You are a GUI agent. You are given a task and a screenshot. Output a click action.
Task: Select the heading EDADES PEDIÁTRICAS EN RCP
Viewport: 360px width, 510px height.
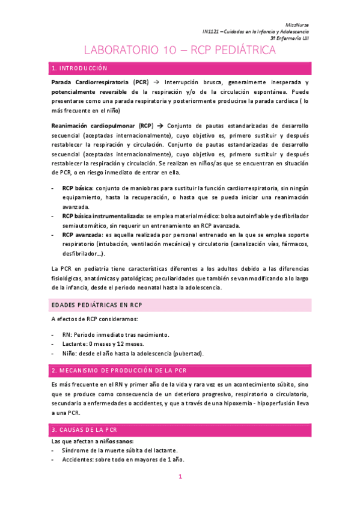pyautogui.click(x=97, y=306)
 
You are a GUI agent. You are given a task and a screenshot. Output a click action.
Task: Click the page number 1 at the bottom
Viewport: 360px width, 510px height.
pyautogui.click(x=180, y=477)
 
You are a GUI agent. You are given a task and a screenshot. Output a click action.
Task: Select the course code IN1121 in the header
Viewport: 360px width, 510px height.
pyautogui.click(x=212, y=31)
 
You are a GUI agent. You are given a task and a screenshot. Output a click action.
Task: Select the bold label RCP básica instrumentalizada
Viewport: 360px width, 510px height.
pyautogui.click(x=102, y=215)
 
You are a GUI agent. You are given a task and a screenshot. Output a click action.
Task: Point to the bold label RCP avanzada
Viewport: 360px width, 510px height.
pyautogui.click(x=82, y=235)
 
